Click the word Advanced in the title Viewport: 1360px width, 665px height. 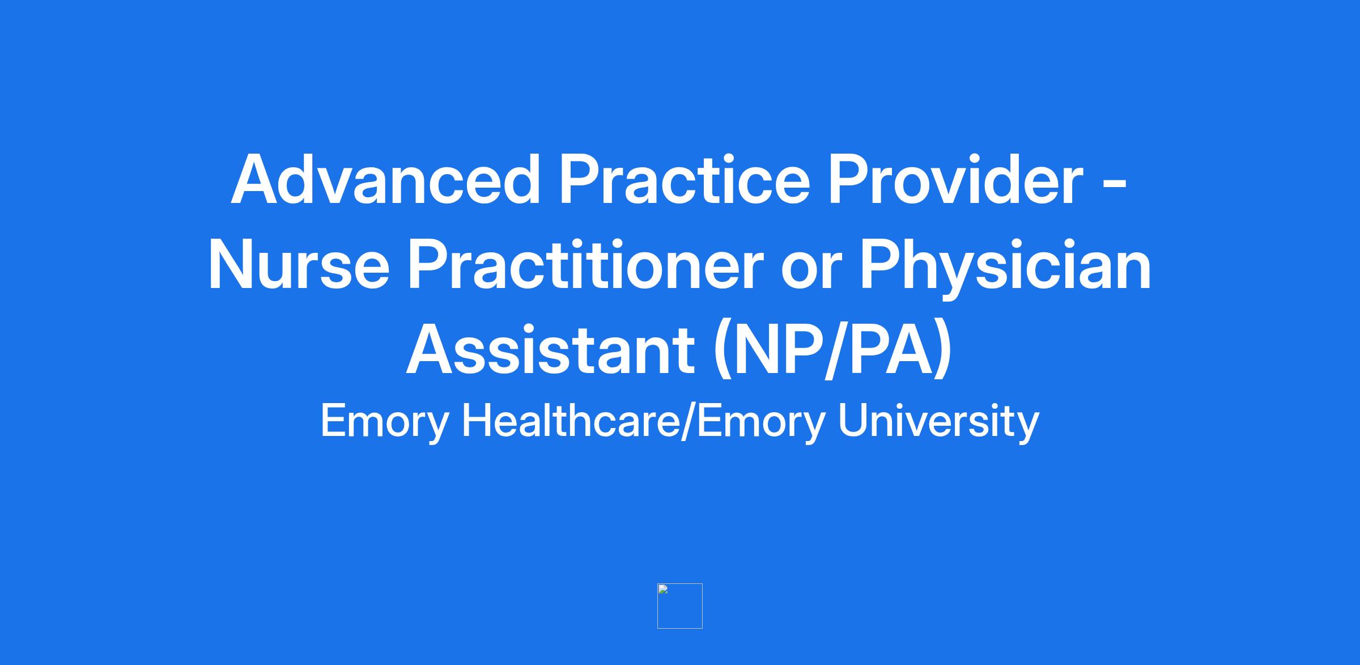pyautogui.click(x=386, y=180)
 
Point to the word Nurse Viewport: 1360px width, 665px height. pyautogui.click(x=299, y=265)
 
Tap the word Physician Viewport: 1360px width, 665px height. pyautogui.click(x=1006, y=269)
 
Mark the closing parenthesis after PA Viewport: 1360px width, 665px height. pyautogui.click(x=943, y=351)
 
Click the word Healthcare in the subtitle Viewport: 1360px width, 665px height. pyautogui.click(x=572, y=421)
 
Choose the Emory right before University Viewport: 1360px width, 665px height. pyautogui.click(x=762, y=423)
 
